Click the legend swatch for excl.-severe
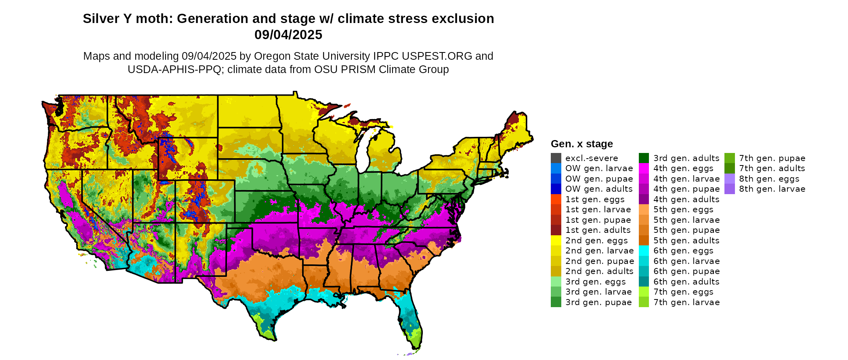[556, 158]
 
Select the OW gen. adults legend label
[599, 189]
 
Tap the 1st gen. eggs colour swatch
[556, 199]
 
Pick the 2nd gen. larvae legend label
[599, 251]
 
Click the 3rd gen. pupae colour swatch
[556, 302]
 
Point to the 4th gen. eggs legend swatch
[644, 168]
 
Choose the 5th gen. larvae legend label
[686, 220]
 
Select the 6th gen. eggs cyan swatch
[644, 251]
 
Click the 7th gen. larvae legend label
[686, 302]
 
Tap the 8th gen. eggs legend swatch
[729, 179]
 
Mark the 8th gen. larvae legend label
[772, 189]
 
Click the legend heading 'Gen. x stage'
[581, 144]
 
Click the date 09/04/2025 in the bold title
[288, 35]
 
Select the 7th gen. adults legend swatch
[729, 168]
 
